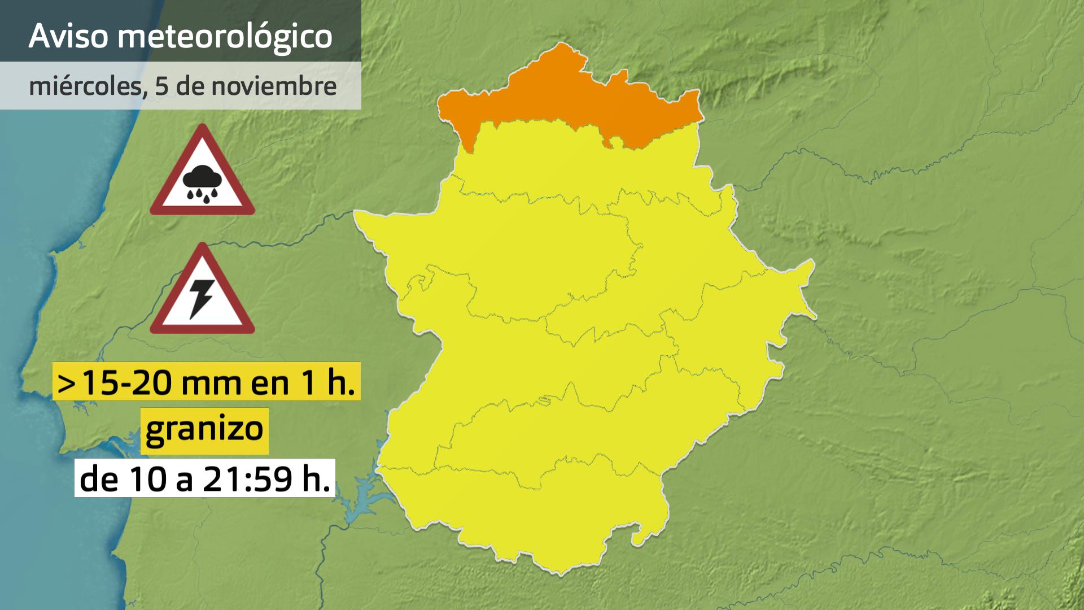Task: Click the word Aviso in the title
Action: (68, 36)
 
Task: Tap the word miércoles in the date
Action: (85, 86)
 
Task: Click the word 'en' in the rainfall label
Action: (263, 382)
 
